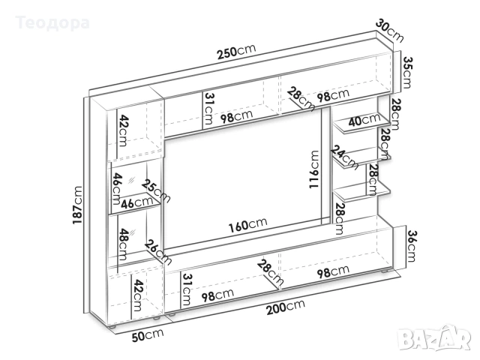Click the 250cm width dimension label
[x=236, y=52]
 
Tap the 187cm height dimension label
[x=77, y=205]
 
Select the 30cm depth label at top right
[x=389, y=30]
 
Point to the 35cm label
[x=407, y=72]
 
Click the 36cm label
[x=411, y=246]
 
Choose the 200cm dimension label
[x=286, y=307]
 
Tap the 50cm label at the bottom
[x=148, y=335]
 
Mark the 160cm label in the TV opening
[x=248, y=225]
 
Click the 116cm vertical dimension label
[x=314, y=169]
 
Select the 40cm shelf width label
[x=364, y=120]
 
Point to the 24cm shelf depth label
[x=344, y=157]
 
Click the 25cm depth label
[x=155, y=191]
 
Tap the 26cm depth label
[x=157, y=252]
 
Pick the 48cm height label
[x=122, y=244]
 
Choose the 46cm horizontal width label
[x=136, y=202]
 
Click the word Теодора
[x=52, y=23]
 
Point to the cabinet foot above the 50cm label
[x=112, y=327]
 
